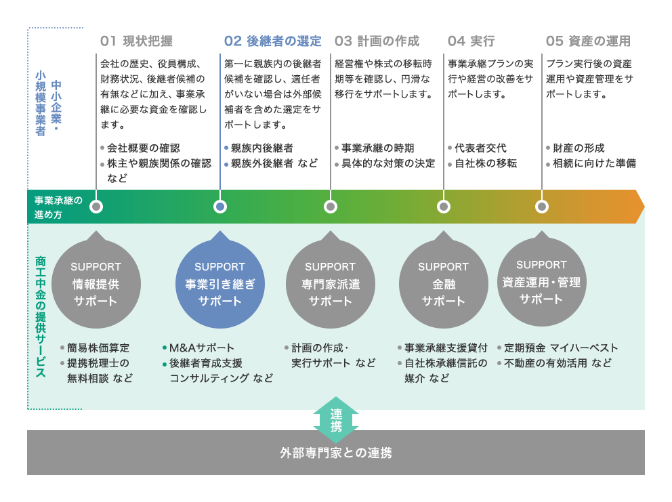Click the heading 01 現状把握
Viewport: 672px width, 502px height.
point(136,41)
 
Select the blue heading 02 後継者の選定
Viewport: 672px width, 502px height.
point(272,41)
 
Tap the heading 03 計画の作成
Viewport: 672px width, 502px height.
point(377,41)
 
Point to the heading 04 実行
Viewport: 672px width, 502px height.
point(471,41)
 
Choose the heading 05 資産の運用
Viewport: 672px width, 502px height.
point(588,41)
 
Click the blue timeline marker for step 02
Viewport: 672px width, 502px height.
point(220,207)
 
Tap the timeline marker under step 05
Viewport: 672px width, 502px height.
point(542,207)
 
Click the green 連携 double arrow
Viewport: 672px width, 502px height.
point(336,420)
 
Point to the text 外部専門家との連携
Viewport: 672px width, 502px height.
point(336,453)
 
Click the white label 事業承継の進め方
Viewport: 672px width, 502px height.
point(58,207)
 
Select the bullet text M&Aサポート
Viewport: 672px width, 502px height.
point(201,348)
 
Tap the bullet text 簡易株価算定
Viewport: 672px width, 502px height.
point(98,348)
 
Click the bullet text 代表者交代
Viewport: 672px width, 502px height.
point(480,148)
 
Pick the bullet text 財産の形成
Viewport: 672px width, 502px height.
point(579,148)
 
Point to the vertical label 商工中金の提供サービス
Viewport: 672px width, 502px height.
point(41,317)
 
